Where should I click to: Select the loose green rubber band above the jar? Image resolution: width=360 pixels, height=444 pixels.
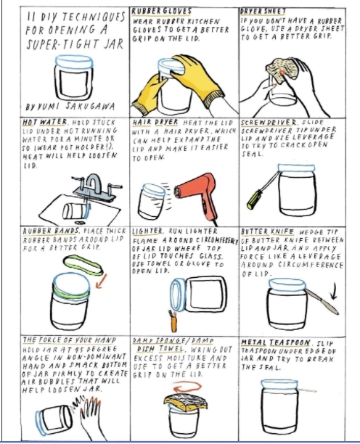[83, 266]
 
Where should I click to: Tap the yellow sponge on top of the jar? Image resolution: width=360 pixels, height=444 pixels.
[186, 401]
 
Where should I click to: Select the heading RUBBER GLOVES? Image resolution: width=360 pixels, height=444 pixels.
[161, 12]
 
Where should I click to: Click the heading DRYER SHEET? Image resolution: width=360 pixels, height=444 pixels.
[263, 12]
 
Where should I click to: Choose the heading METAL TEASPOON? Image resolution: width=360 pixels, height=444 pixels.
[276, 342]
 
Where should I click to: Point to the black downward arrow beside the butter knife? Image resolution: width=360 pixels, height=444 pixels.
[334, 291]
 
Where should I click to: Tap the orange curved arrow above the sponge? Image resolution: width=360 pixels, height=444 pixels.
[187, 387]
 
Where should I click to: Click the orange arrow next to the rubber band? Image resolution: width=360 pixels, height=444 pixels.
[101, 281]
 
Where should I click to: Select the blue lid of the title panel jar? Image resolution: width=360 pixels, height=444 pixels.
[74, 61]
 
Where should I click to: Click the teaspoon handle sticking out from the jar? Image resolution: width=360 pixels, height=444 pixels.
[307, 390]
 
